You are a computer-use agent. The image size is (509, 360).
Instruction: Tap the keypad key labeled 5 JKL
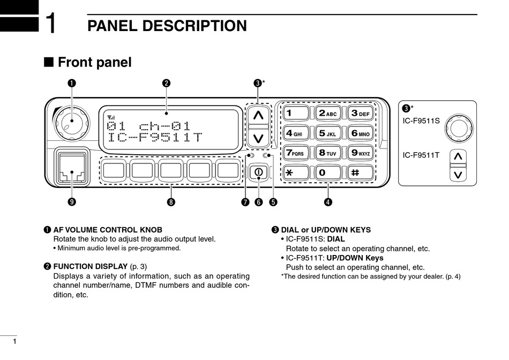point(328,133)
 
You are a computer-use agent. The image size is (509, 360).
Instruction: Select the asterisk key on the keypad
point(296,172)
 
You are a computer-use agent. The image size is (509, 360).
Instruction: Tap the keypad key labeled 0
point(328,172)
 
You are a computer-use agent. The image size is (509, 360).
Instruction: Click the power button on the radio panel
point(258,172)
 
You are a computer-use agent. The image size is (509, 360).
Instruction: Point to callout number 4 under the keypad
point(328,202)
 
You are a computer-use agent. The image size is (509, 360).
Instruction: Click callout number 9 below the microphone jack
point(71,202)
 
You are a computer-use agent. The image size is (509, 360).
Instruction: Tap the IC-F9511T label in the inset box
point(421,155)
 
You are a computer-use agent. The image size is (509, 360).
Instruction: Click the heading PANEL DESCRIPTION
point(167,26)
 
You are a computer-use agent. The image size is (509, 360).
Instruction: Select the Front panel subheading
point(94,62)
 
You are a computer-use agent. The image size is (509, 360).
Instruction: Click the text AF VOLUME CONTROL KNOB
point(108,230)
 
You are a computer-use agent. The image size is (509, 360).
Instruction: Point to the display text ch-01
point(164,126)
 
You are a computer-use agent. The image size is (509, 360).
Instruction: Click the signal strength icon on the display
point(111,118)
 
